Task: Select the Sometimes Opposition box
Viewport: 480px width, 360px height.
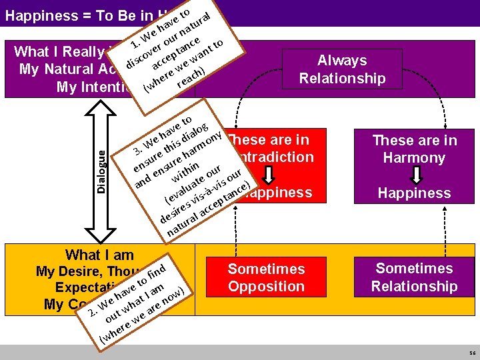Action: click(266, 278)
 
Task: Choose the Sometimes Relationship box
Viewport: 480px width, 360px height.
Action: click(414, 277)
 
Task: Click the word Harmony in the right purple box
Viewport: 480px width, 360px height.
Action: click(414, 158)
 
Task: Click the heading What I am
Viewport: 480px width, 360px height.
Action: click(99, 255)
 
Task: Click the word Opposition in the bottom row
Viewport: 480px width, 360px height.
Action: click(266, 287)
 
